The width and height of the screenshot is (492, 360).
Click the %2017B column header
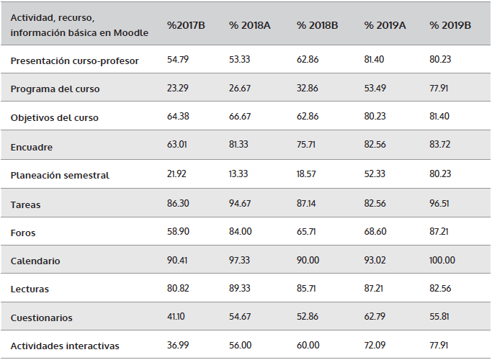coord(187,25)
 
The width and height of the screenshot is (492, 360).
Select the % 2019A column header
coord(385,25)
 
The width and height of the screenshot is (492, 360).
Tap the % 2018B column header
coord(318,25)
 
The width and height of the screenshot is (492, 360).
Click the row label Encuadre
coord(32,147)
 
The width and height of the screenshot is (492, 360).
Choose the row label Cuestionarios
coord(41,318)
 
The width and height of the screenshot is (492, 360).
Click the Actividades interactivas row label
coord(65,346)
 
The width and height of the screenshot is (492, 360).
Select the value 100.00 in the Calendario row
coord(443,261)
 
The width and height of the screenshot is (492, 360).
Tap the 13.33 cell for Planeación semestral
coord(241,175)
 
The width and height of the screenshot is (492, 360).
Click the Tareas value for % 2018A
coord(241,204)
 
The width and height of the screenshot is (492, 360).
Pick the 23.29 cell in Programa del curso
coord(178,89)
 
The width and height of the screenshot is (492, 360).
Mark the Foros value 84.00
coord(241,233)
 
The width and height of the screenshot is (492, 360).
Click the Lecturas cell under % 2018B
coord(308,289)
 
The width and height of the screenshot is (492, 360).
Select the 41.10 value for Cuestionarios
coord(177,318)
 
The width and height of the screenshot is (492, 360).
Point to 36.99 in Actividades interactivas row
coord(178,346)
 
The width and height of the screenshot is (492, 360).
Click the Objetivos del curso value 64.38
coord(178,118)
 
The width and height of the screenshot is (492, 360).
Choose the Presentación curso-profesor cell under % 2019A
coord(375,60)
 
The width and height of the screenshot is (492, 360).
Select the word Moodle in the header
coord(131,32)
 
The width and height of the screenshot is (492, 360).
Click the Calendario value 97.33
coord(241,261)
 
